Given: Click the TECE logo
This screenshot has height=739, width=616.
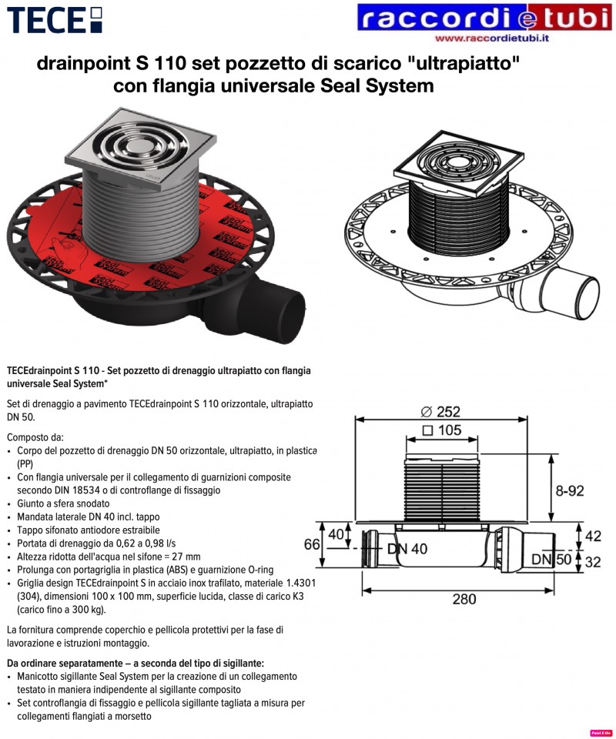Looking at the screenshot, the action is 55,20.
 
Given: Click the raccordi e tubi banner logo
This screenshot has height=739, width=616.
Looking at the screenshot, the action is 484,18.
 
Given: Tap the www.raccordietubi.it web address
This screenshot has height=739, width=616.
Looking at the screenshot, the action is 492,38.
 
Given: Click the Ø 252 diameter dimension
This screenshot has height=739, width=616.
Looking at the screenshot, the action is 440,411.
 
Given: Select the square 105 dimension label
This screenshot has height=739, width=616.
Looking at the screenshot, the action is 442,430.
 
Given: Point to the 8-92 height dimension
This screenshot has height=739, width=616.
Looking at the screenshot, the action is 569,490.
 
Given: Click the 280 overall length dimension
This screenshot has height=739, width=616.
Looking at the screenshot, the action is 464,599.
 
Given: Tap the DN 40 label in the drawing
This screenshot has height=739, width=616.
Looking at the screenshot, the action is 407,549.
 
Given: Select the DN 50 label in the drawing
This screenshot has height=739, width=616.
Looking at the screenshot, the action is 551,560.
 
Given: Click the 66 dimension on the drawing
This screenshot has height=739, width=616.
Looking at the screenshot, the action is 312,544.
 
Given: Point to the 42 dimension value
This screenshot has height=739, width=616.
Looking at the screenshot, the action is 593,536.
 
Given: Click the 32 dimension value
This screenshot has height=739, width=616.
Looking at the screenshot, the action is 593,562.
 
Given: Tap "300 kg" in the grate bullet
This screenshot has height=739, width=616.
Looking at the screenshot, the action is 88,610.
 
